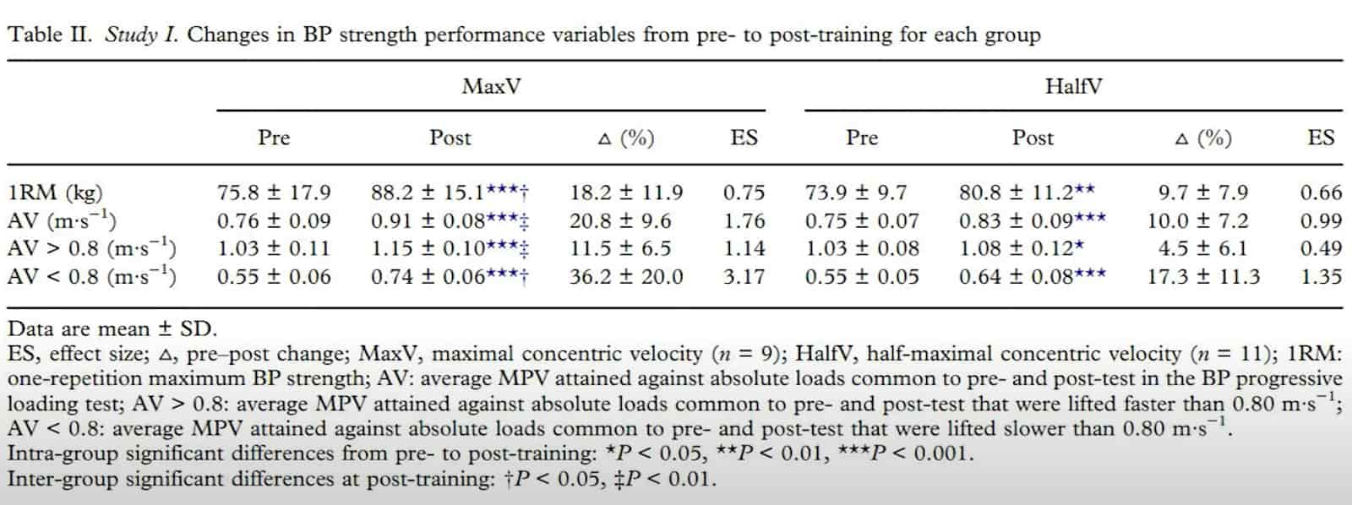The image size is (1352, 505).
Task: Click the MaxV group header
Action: tap(491, 86)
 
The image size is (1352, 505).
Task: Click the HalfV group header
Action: tap(1072, 86)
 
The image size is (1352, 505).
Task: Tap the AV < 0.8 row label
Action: tap(91, 277)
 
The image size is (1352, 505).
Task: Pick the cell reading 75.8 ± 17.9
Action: tap(274, 193)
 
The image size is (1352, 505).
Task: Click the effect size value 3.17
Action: tap(744, 277)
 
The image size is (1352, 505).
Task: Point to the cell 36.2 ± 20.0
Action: tap(626, 277)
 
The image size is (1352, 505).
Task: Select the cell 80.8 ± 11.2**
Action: tap(1032, 193)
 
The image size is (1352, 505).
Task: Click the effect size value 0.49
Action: tap(1321, 249)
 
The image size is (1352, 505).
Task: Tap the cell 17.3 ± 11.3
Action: tap(1203, 277)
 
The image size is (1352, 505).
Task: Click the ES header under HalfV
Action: tap(1321, 138)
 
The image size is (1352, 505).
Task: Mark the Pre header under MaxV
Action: tap(274, 138)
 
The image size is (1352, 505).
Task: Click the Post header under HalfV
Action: tap(1033, 138)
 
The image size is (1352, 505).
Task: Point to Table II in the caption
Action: tap(49, 35)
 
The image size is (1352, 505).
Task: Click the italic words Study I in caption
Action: tap(141, 35)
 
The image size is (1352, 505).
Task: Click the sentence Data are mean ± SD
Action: tap(112, 329)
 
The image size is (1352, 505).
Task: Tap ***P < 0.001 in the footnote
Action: tap(904, 453)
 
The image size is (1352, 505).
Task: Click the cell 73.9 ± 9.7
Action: tap(861, 193)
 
